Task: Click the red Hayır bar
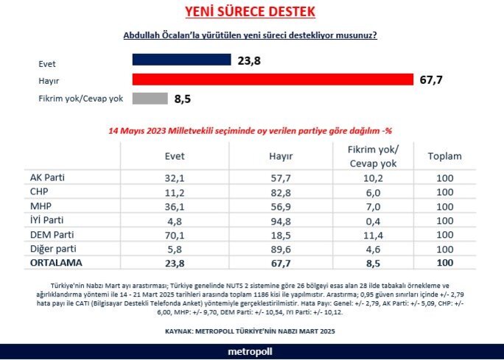coord(273,80)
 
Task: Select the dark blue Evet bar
coord(182,61)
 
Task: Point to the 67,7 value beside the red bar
coord(431,80)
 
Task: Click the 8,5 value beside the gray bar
coord(183,98)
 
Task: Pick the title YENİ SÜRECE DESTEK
coord(250,12)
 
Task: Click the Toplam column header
coord(444,156)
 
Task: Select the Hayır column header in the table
coord(281,156)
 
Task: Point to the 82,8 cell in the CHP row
coord(281,193)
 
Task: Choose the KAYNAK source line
coord(251,331)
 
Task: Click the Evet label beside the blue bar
coord(47,63)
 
